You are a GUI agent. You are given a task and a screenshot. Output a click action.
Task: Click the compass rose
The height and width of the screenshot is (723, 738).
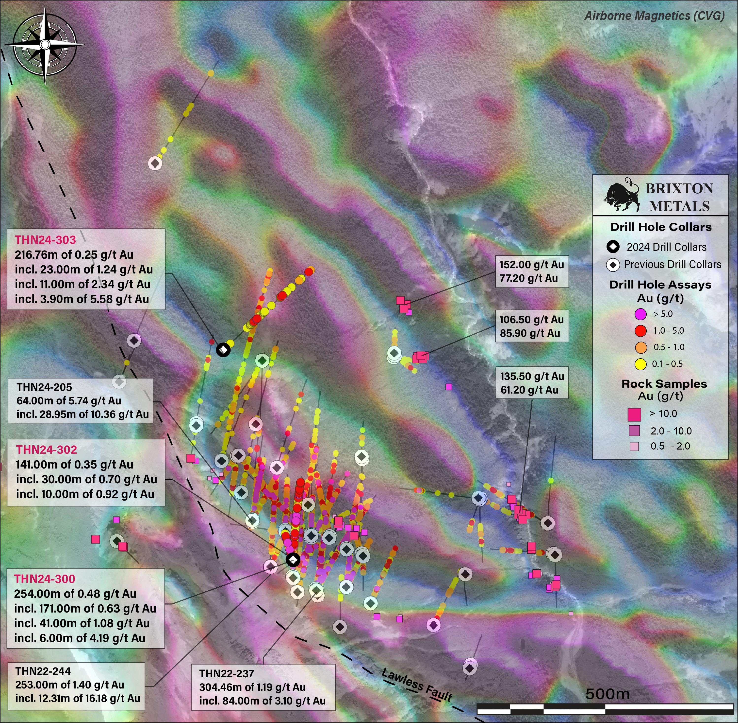(x=45, y=45)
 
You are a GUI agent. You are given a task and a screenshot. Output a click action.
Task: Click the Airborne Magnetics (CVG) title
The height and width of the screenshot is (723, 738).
(x=654, y=16)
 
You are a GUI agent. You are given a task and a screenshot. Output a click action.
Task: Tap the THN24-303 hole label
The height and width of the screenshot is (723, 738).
(x=46, y=240)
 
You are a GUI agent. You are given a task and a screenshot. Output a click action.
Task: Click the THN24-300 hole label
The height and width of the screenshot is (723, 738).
(x=45, y=579)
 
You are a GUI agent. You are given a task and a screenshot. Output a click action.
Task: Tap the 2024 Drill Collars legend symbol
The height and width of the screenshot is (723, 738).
(x=613, y=247)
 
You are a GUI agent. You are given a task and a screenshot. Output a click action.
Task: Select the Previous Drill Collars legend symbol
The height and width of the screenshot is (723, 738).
(x=613, y=265)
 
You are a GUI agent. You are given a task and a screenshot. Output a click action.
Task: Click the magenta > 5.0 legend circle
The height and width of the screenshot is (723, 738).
(x=640, y=314)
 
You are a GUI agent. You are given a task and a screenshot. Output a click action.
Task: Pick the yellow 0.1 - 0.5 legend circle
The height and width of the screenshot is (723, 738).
(x=640, y=364)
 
